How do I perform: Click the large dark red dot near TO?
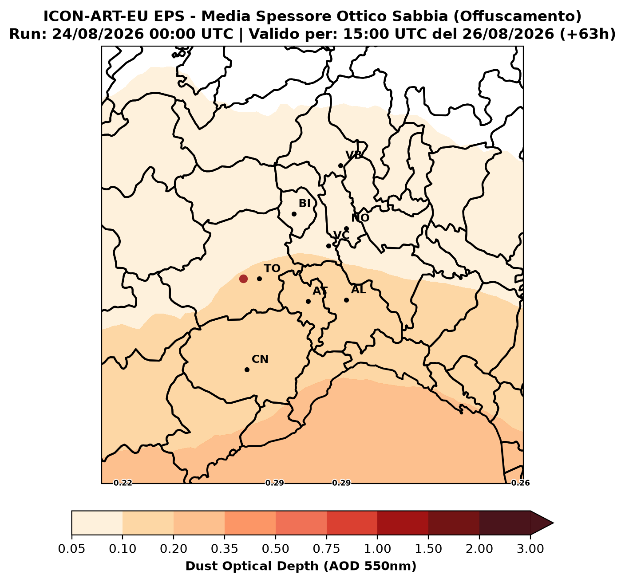(243, 279)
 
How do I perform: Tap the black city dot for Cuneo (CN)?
(247, 370)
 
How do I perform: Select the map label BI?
(305, 204)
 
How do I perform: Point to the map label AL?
(359, 290)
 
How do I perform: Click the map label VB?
(354, 155)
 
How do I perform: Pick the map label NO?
(360, 218)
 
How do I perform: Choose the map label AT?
(320, 291)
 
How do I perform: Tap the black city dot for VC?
(328, 246)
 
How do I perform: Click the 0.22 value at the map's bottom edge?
(123, 483)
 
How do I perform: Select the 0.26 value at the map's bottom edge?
(521, 483)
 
